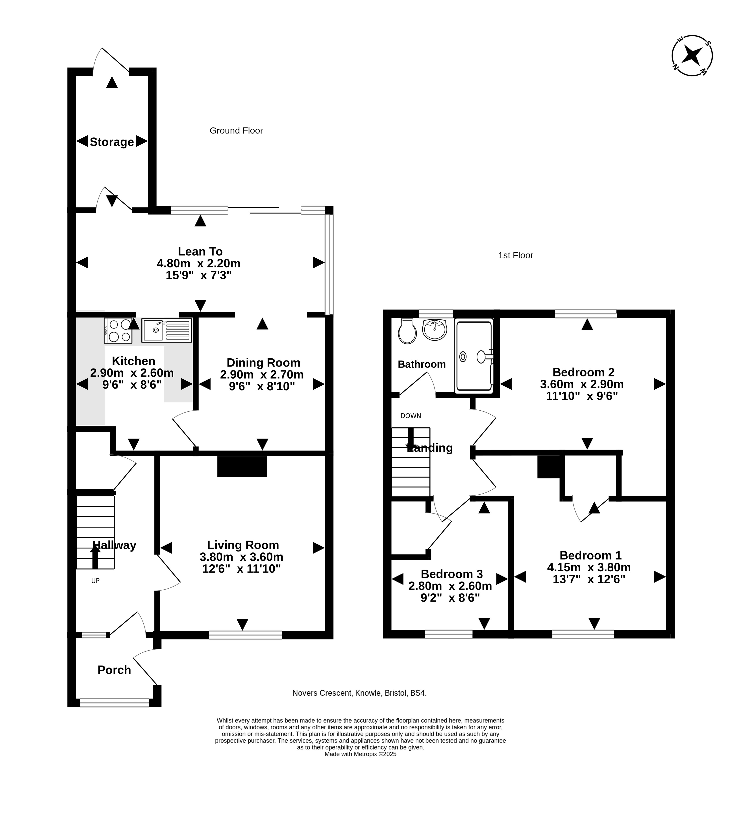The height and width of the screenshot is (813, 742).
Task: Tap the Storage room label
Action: click(112, 142)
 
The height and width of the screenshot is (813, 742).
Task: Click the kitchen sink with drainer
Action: click(167, 330)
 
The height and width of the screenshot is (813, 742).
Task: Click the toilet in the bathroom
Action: click(407, 331)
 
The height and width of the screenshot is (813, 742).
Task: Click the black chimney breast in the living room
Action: click(242, 466)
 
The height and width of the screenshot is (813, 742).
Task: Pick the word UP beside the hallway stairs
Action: click(95, 581)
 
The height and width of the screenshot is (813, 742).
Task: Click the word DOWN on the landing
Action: click(411, 416)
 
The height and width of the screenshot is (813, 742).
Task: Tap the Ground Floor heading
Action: click(236, 131)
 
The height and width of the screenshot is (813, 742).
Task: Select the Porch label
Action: click(114, 670)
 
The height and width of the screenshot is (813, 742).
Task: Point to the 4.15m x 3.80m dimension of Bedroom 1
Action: click(589, 567)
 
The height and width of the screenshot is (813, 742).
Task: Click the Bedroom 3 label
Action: click(452, 574)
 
